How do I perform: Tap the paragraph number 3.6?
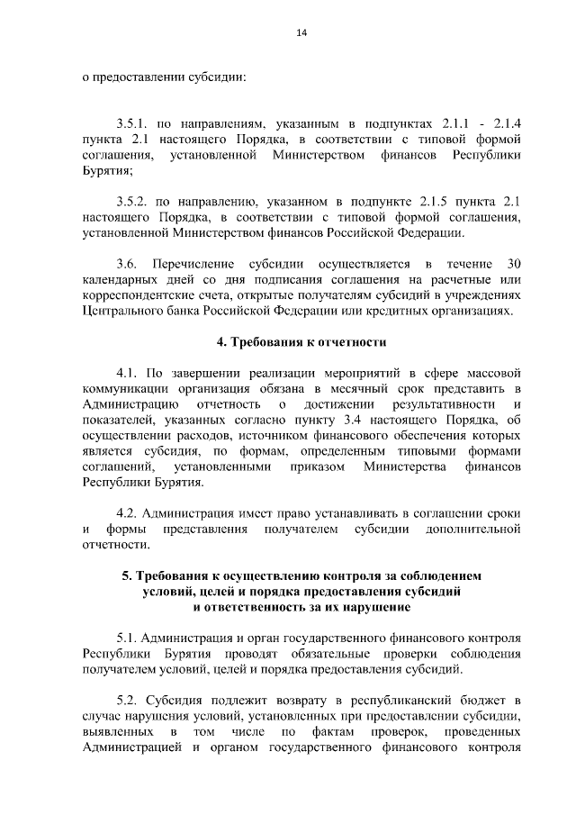pos(127,264)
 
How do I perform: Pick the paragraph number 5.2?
pos(127,700)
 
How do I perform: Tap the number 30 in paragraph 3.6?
pos(514,264)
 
